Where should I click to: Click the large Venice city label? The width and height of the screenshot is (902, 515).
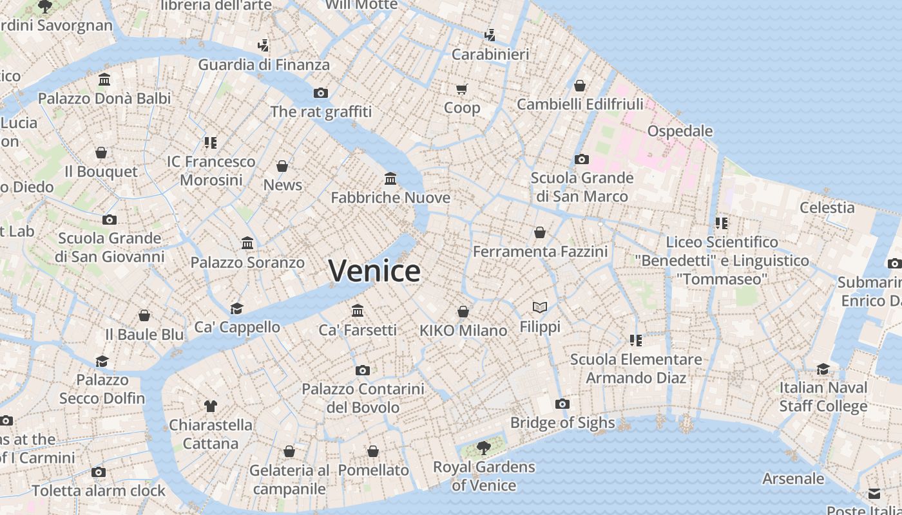coord(374,270)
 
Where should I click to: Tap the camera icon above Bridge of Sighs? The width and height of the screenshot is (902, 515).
coord(562,404)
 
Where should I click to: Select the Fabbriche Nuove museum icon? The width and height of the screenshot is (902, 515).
coord(390,178)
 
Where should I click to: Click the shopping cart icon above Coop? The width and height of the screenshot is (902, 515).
coord(462,89)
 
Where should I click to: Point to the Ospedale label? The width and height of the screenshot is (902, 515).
coord(680,131)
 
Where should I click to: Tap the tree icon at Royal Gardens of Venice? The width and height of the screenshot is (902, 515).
coord(483,448)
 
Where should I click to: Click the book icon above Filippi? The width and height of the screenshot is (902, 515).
coord(540,308)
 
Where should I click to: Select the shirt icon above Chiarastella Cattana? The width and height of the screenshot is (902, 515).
coord(211,406)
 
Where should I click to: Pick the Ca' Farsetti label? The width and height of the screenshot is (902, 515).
coord(358,330)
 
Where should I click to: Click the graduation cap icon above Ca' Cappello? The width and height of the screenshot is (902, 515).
coord(237,308)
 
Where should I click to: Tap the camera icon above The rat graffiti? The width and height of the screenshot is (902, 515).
coord(321,93)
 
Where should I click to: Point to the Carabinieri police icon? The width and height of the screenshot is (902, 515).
coord(490,35)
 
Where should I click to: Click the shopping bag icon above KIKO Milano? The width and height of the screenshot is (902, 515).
coord(463,312)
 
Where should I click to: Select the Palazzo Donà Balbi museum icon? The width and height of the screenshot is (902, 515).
coord(104,79)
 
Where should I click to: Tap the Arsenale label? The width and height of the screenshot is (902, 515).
coord(793,479)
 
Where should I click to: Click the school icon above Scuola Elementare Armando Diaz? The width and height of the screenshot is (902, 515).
coord(636,340)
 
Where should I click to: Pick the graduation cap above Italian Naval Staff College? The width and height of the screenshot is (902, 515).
coord(823,369)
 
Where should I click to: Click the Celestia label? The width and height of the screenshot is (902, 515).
coord(827,208)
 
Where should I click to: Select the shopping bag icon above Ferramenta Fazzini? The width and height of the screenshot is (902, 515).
coord(540,232)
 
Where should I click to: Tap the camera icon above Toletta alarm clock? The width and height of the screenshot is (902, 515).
coord(99,472)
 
